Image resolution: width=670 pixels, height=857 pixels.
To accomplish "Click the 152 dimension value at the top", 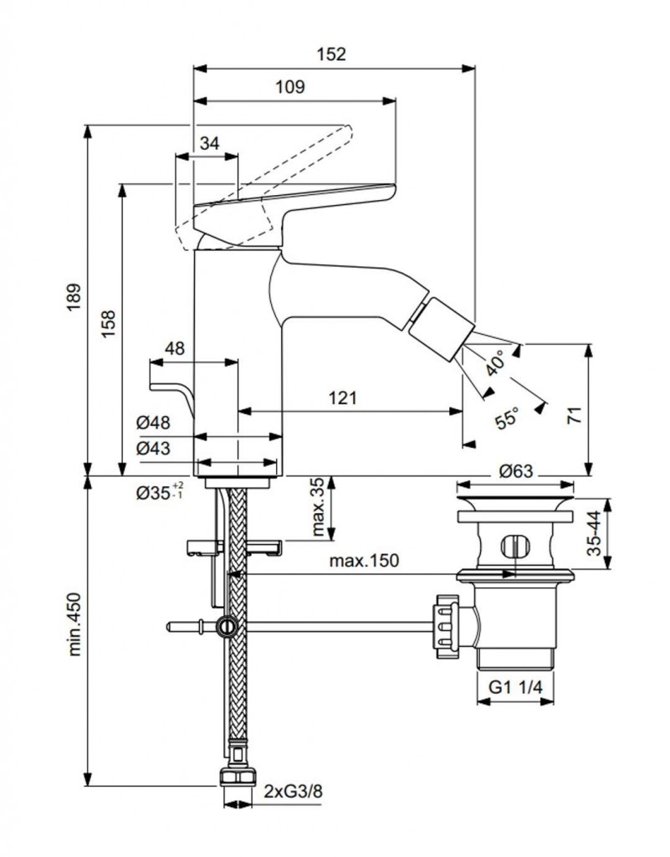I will [331, 54].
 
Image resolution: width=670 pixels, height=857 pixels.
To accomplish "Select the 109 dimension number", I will [289, 86].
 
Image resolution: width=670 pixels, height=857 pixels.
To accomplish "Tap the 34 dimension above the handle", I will [210, 143].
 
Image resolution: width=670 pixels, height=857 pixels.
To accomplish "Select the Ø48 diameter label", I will [154, 424].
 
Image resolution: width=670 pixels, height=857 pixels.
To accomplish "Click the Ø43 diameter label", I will [154, 449].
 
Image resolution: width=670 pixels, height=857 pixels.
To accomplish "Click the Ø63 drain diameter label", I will [516, 471].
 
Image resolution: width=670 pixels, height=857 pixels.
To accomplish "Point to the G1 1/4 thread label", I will [516, 687].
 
